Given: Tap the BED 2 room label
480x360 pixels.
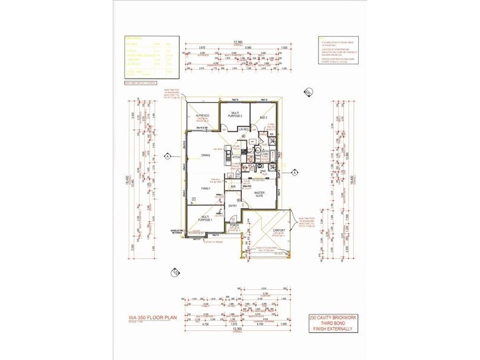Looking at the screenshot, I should point(263,118).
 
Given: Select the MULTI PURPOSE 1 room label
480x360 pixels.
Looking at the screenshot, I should point(206,219).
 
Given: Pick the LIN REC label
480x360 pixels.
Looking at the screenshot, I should point(243,129).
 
